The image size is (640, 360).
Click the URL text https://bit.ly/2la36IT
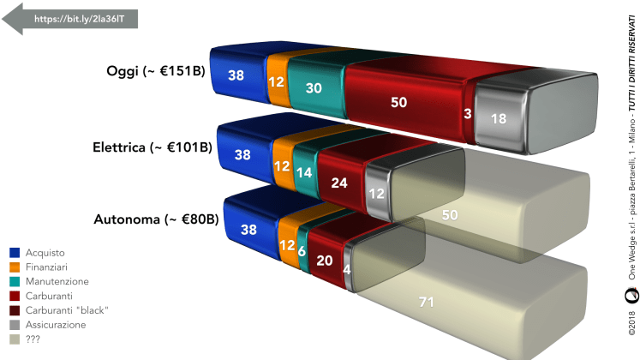click(79, 19)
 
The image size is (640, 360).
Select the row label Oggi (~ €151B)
click(156, 71)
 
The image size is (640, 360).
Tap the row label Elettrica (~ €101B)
click(153, 147)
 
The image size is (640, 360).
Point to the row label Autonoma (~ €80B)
click(156, 219)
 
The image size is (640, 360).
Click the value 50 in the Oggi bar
click(398, 102)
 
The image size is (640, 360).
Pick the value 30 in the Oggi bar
click(314, 87)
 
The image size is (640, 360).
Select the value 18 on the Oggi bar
click(499, 119)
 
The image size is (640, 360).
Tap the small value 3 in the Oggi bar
click(468, 113)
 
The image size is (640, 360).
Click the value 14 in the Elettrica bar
click(304, 172)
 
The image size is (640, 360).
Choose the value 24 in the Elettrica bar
click(339, 183)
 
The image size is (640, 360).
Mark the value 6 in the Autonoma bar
click(302, 250)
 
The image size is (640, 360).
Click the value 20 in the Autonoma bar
click(325, 261)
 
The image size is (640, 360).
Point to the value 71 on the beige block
click(426, 302)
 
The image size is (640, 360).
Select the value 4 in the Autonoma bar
click(346, 269)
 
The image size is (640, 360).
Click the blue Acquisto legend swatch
click(15, 253)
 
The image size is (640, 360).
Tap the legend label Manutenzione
click(57, 282)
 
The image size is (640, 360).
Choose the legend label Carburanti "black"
click(67, 310)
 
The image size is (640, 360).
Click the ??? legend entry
click(25, 339)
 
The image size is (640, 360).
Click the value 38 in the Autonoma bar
click(248, 230)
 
